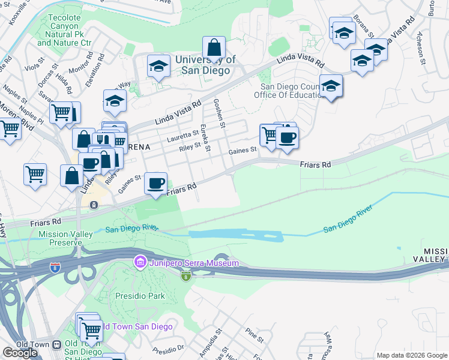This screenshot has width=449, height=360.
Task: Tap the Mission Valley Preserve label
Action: coord(60,238)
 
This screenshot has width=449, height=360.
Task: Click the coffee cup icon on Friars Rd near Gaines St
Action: coord(156,182)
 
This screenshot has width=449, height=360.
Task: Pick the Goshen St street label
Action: coord(218,113)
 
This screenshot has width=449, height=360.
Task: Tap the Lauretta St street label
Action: coord(182,135)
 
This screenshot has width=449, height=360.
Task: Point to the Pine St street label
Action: coord(255,336)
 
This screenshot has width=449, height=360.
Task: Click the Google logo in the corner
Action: coord(20,352)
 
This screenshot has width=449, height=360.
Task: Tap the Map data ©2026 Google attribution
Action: coord(411,355)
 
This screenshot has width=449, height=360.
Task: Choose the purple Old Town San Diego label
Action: coord(137,326)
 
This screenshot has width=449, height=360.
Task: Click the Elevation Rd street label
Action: coord(95,70)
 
